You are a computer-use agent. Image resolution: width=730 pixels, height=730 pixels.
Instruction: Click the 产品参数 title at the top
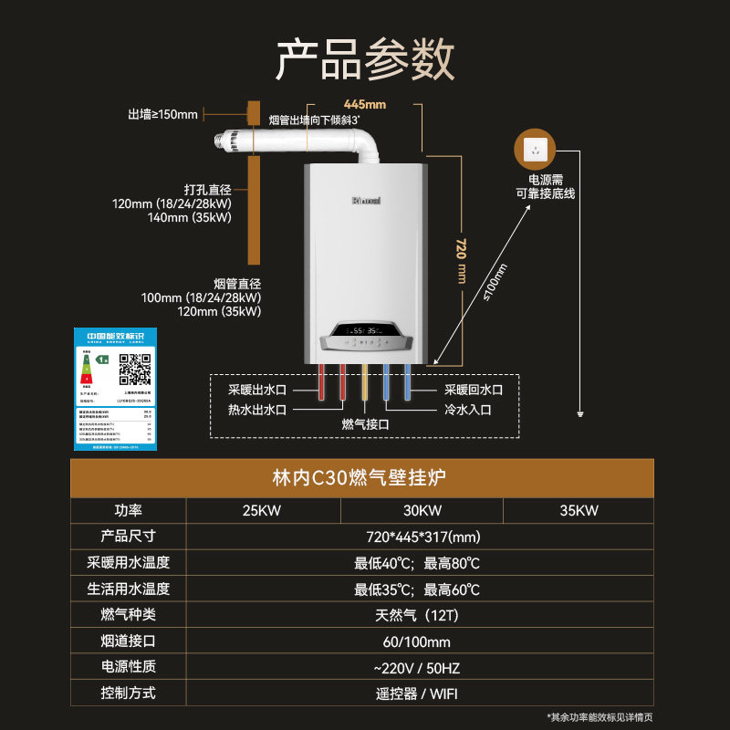[x=365, y=59]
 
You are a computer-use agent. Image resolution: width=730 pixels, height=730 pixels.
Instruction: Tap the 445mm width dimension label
[x=365, y=104]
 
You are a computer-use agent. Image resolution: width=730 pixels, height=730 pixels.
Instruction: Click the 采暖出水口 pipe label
[x=257, y=390]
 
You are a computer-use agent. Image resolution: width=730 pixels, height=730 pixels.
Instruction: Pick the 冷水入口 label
[x=468, y=410]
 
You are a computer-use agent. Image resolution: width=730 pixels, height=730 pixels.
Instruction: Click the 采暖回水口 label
[x=474, y=390]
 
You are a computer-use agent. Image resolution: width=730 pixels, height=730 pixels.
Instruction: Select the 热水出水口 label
[x=257, y=410]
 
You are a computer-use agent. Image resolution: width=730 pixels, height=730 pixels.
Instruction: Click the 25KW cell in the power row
[x=263, y=511]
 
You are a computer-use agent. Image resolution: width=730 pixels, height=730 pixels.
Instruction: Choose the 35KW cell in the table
[x=579, y=511]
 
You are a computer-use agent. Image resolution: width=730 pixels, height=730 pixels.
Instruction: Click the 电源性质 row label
[x=128, y=667]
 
